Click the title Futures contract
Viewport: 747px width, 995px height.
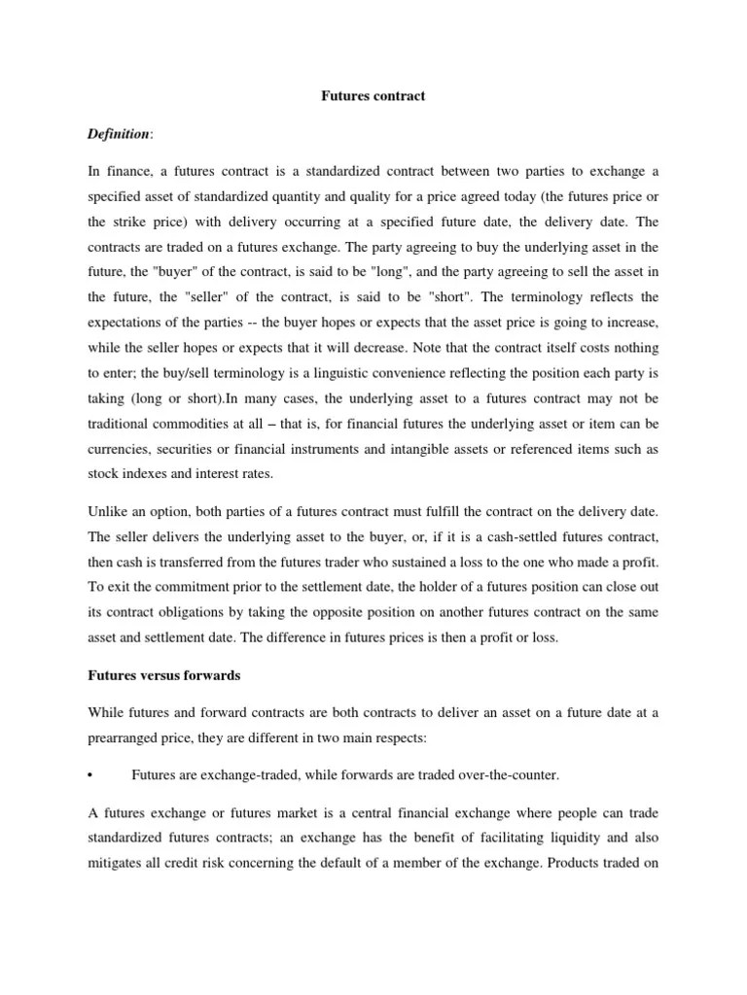[373, 97]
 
